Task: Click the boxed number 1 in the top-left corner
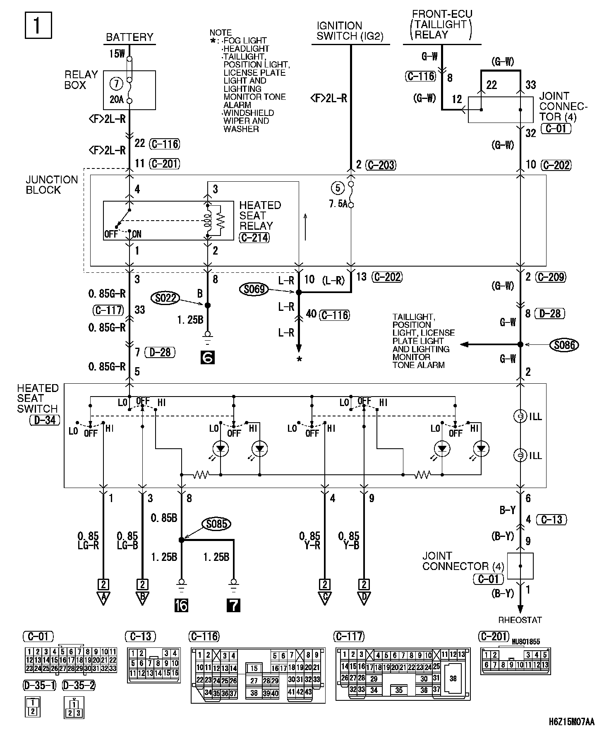[x=38, y=25]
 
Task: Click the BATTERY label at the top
[x=129, y=37]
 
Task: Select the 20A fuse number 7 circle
[x=116, y=84]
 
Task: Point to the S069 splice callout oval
[x=254, y=289]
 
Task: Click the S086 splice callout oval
[x=564, y=344]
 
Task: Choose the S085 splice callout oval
[x=216, y=524]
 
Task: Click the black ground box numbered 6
[x=207, y=357]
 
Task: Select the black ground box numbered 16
[x=181, y=605]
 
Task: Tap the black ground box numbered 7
[x=233, y=605]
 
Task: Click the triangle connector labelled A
[x=103, y=598]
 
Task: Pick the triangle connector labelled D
[x=364, y=598]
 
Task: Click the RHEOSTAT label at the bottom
[x=520, y=620]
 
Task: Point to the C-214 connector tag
[x=254, y=238]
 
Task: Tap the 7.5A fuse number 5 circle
[x=338, y=188]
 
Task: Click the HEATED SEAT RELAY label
[x=260, y=215]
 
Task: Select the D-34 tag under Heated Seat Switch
[x=45, y=421]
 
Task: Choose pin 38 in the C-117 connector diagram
[x=453, y=678]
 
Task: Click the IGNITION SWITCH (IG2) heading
[x=350, y=31]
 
